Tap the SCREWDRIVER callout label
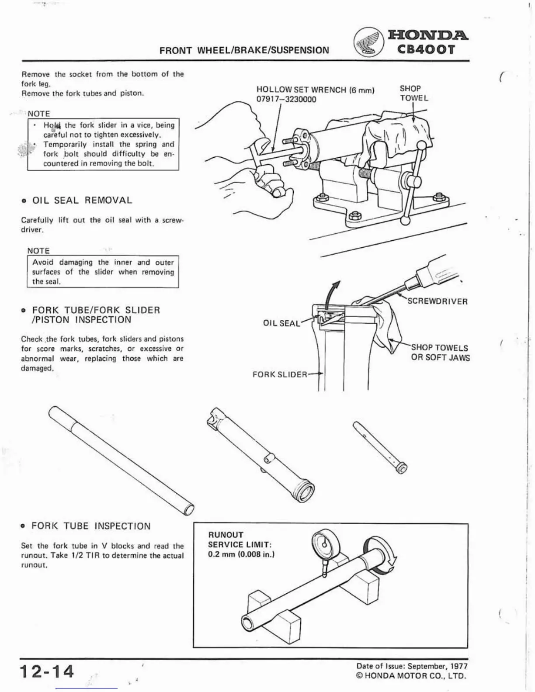(x=437, y=301)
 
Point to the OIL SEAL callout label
(x=281, y=323)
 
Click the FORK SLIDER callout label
(x=280, y=375)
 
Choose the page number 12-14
(x=47, y=671)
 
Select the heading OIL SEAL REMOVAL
(x=82, y=201)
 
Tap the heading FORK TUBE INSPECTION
(x=91, y=526)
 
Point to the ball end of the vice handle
(x=406, y=221)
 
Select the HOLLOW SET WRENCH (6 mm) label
(x=315, y=90)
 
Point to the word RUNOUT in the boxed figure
(x=226, y=535)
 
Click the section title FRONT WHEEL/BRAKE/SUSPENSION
(x=244, y=50)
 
